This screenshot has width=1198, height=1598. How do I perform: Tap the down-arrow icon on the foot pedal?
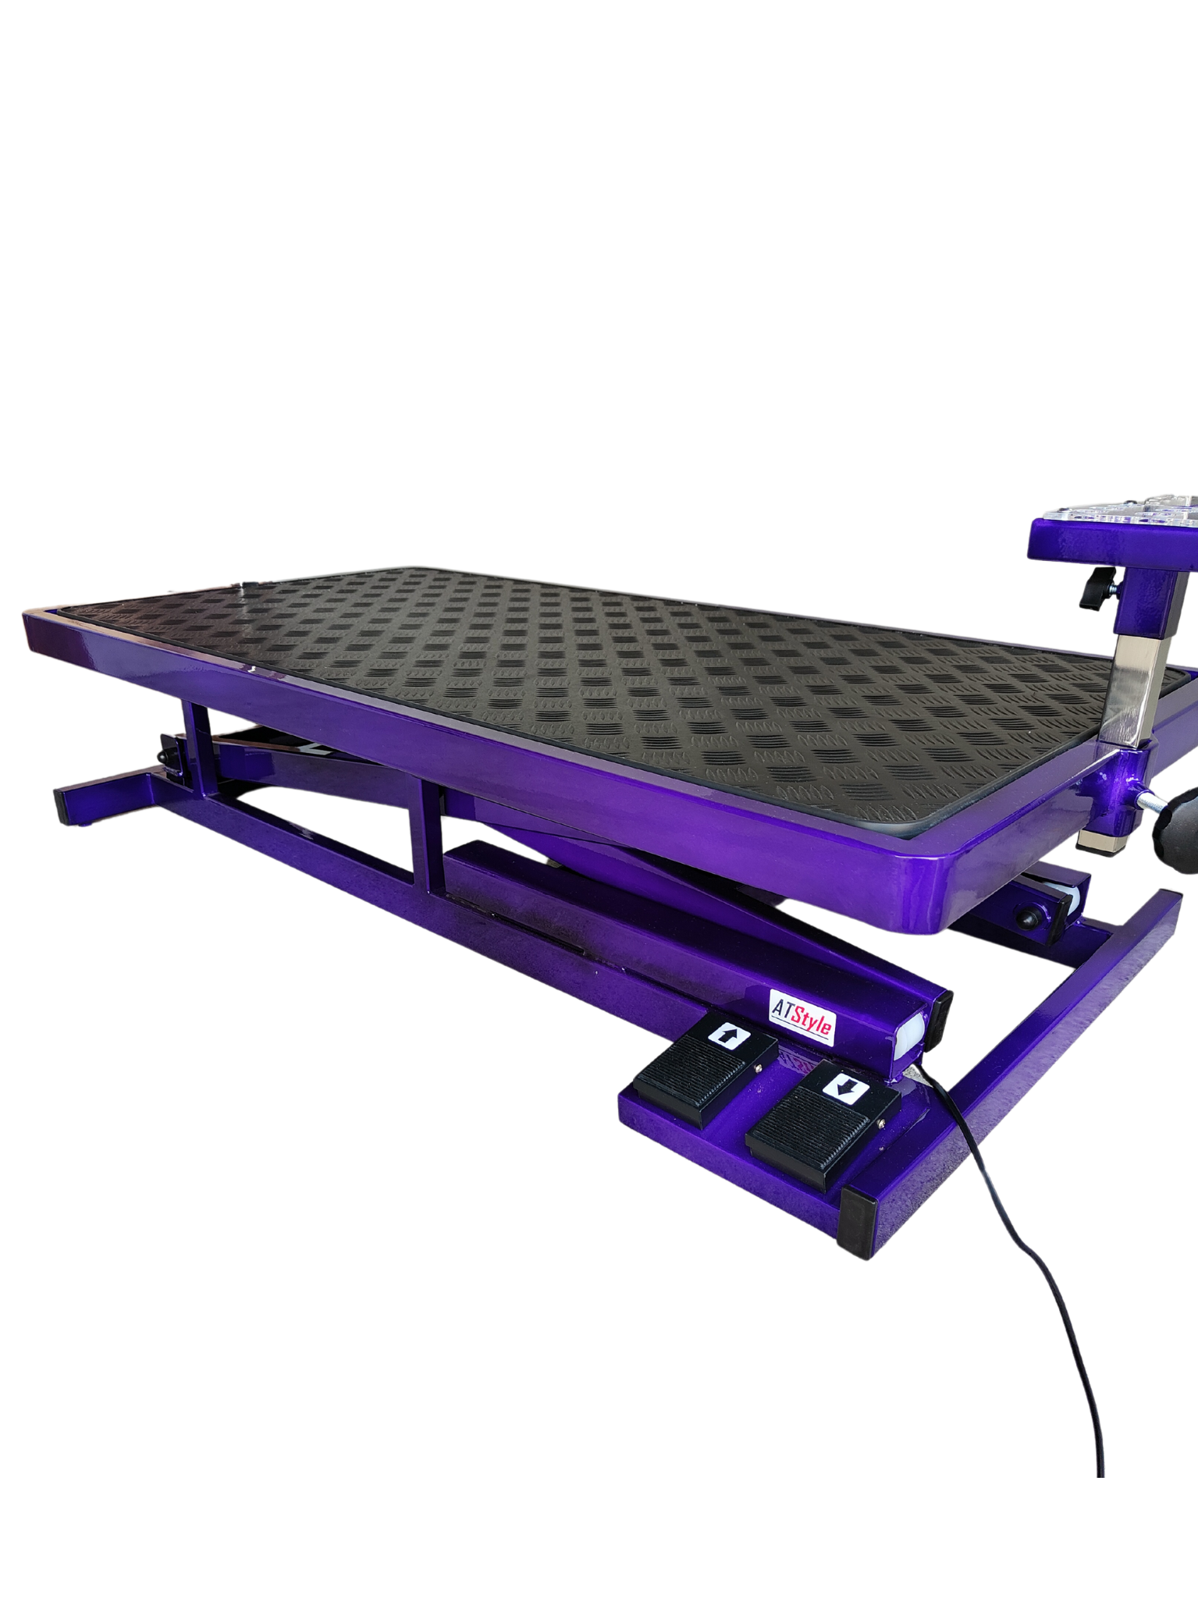(845, 1088)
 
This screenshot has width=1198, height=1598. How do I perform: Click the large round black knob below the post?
(1174, 816)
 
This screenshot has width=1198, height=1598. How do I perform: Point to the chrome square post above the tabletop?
(1125, 688)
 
